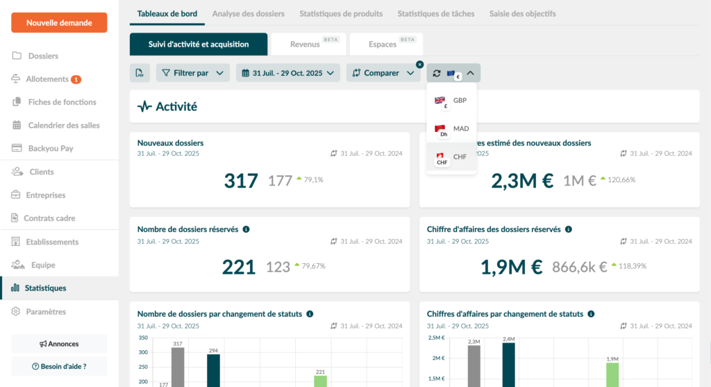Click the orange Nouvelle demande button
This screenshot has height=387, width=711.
point(59,23)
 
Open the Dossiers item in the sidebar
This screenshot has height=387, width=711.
point(43,56)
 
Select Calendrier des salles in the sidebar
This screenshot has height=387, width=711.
point(64,126)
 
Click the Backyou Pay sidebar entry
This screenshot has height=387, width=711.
point(50,149)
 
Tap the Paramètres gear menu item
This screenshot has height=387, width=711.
point(45,312)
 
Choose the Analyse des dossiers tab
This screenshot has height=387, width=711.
point(248,14)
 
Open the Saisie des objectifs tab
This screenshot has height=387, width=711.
point(522,14)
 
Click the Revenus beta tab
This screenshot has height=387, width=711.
point(305,44)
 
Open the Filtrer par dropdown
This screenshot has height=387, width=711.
point(192,73)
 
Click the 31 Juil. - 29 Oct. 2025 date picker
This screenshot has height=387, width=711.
point(287,73)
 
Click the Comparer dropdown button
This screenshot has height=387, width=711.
point(383,73)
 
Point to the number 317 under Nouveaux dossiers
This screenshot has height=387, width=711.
point(241,181)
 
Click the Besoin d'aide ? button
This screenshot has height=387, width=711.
point(59,366)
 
